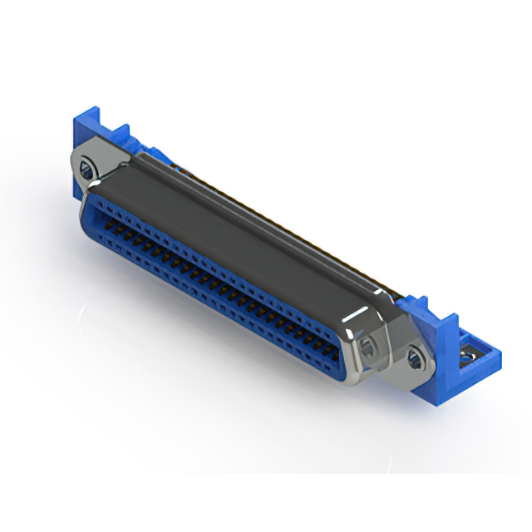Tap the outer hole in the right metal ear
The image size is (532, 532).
pos(414,359)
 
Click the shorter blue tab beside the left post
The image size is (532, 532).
pos(121,137)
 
